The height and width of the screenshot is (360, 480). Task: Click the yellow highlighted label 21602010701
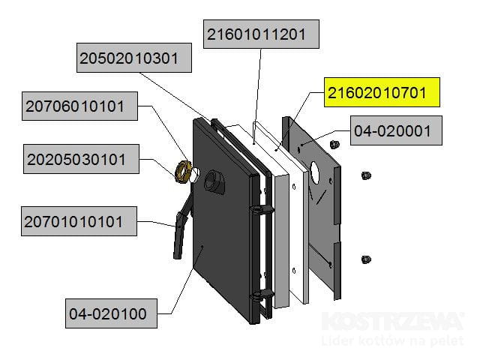click(382, 93)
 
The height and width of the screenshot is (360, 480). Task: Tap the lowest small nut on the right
click(365, 259)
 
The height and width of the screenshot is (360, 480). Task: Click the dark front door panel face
click(217, 240)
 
